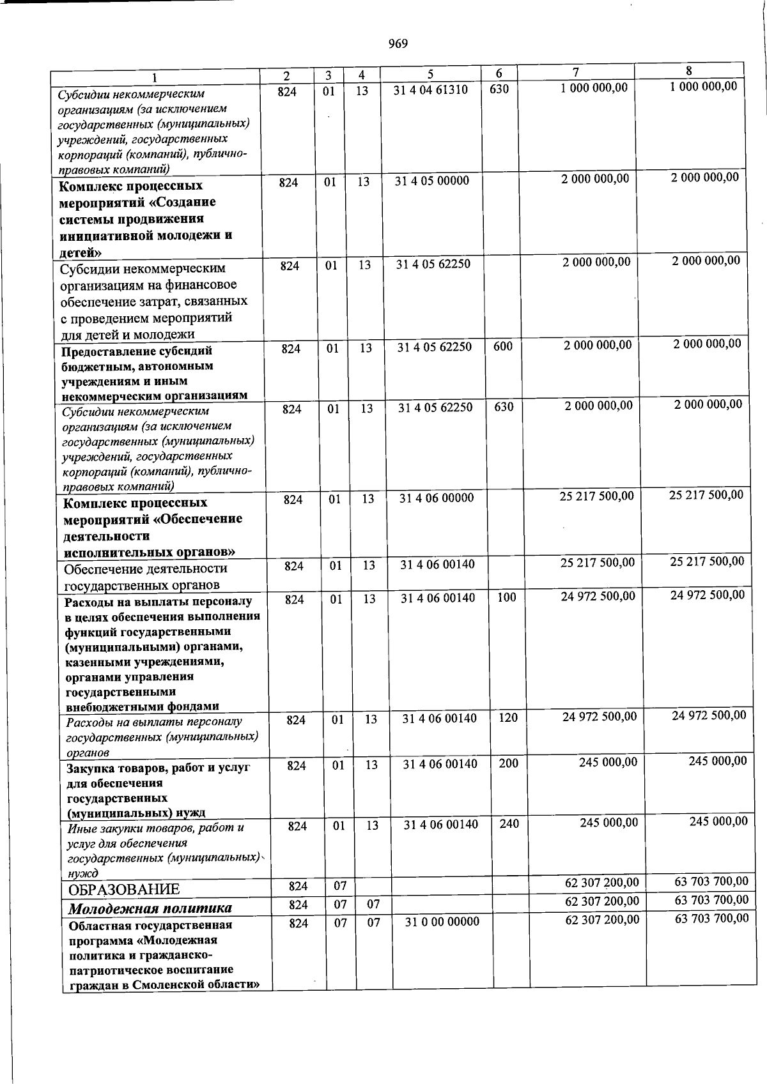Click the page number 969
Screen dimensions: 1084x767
coord(398,43)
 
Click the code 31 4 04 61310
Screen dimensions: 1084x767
coord(430,89)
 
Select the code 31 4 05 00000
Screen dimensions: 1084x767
coord(431,181)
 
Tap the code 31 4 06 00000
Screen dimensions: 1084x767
coord(437,498)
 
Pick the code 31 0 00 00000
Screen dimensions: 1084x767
coord(442,922)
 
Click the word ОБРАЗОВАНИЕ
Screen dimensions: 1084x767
coord(124,889)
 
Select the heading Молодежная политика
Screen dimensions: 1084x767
coord(150,908)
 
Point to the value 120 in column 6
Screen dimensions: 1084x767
coord(507,717)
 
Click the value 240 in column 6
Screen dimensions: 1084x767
coord(509,823)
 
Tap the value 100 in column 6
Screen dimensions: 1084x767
coord(506,597)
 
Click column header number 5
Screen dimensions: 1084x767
coord(430,74)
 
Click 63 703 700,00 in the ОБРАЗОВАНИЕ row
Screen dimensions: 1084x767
coord(711,882)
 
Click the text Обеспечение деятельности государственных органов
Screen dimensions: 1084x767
coord(145,576)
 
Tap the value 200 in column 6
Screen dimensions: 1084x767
coord(508,763)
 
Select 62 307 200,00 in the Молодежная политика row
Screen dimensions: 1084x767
coord(601,901)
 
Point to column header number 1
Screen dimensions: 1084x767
coord(154,77)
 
